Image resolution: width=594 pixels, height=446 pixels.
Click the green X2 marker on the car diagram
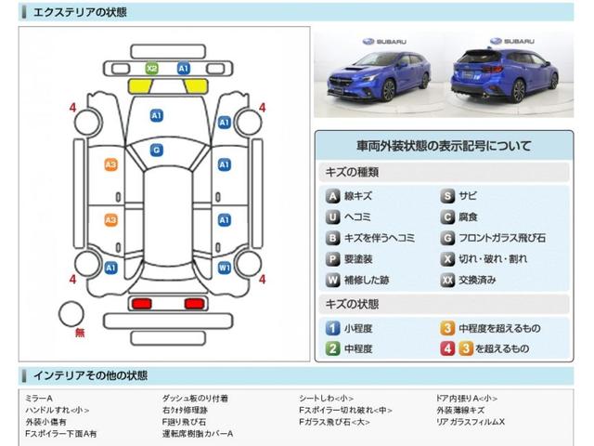(152, 68)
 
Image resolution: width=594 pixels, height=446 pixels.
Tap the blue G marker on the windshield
(156, 150)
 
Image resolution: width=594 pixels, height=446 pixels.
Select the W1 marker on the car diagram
(224, 268)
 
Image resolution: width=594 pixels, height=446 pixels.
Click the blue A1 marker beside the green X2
(183, 68)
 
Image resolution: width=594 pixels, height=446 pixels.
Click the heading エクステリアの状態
(80, 12)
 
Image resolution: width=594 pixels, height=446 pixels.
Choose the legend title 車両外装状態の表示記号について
(443, 146)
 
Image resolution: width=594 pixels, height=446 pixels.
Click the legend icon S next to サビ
(447, 196)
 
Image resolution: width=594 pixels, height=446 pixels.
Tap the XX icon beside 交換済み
(447, 279)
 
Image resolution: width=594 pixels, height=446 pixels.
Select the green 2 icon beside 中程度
(331, 348)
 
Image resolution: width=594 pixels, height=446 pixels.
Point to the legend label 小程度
(359, 328)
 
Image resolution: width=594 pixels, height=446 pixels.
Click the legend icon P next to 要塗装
(331, 258)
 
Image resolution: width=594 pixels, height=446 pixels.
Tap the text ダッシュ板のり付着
(195, 398)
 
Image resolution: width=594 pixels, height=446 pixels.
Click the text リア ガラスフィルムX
(471, 422)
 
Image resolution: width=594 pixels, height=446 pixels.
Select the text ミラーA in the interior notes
(39, 398)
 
